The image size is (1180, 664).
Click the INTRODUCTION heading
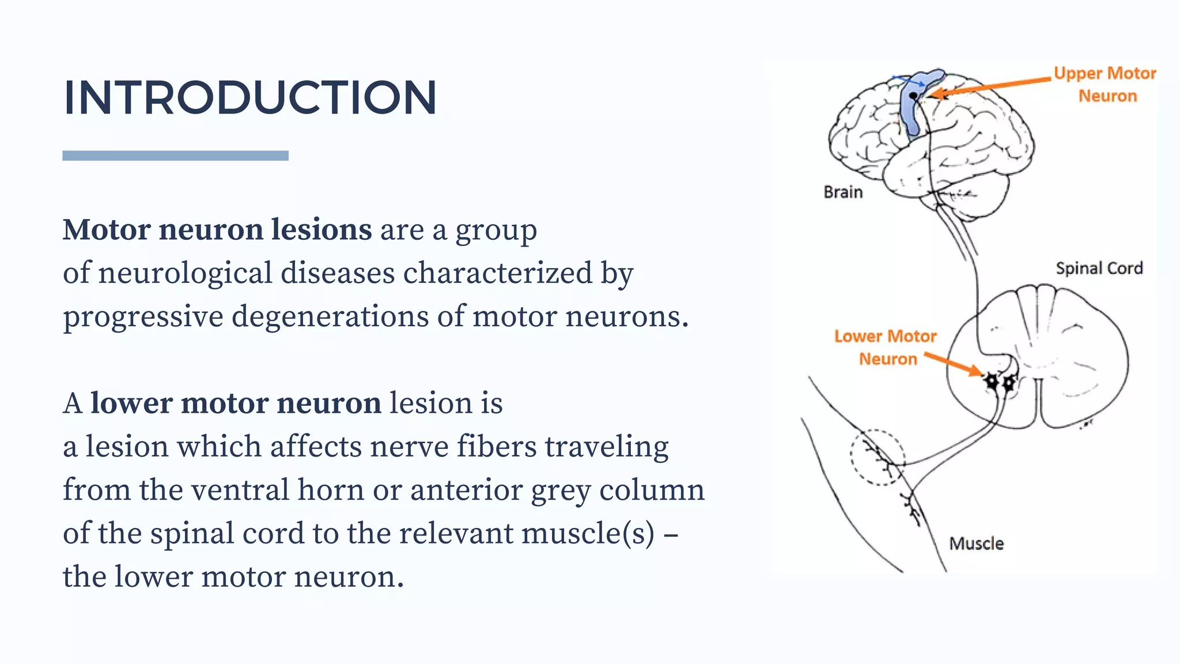tap(249, 97)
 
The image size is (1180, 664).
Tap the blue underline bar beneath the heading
tap(175, 156)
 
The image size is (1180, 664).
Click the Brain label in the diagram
tap(843, 192)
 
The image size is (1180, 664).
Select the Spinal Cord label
tap(1099, 268)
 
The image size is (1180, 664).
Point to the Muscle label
tap(976, 544)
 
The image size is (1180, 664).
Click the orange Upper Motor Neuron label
tap(1106, 84)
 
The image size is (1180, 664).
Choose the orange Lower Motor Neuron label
tap(886, 347)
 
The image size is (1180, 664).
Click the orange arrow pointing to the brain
tap(991, 86)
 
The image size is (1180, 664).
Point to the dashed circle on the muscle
tap(878, 457)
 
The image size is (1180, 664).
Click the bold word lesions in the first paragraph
tap(322, 229)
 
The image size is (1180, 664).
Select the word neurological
tap(185, 273)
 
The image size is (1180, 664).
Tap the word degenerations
tap(330, 316)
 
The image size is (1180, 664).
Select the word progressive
tap(143, 316)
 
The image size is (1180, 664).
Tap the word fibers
tap(497, 447)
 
